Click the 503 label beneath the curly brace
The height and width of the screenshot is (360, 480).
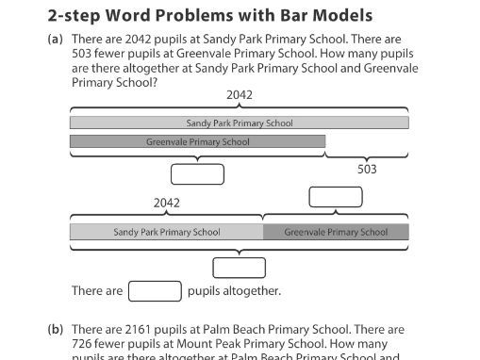coord(367,170)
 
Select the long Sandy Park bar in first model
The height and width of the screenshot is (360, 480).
coord(239,123)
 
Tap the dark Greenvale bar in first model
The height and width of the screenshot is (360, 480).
coord(197,142)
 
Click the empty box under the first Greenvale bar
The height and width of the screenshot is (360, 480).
coord(197,174)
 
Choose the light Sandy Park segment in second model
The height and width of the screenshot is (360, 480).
coord(166,232)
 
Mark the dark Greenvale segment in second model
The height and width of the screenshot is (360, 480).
coord(336,232)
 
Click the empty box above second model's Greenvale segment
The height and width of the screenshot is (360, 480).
coord(336,197)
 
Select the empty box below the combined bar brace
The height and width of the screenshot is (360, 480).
coord(239,267)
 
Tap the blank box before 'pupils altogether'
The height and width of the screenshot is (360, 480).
coord(155,291)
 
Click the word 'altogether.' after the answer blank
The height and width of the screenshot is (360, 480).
coord(251,291)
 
